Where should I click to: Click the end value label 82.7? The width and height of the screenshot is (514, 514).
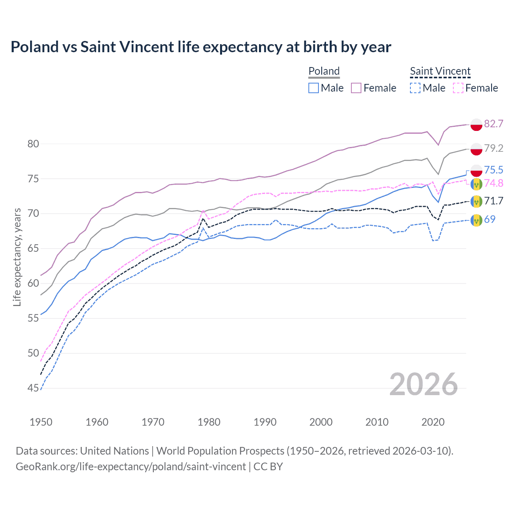[494, 124]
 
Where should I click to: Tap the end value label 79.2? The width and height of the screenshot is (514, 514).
[494, 148]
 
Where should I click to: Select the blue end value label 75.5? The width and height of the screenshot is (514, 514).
[494, 170]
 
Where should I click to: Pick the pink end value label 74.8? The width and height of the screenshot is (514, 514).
[494, 183]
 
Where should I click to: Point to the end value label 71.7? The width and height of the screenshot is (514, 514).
[494, 201]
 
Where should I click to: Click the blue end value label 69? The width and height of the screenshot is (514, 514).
[490, 219]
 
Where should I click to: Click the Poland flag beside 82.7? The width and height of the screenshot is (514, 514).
[476, 124]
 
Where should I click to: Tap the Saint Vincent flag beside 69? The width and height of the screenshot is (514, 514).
[476, 220]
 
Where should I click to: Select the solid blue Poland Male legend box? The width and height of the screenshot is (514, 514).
[314, 88]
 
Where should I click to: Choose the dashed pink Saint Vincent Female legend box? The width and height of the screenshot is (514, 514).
[458, 88]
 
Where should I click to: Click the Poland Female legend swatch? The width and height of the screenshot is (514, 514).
[356, 88]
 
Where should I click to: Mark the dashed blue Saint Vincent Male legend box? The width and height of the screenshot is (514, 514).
[415, 88]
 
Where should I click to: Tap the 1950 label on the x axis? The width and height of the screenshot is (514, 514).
[41, 422]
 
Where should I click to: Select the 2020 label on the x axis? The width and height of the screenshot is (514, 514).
[433, 422]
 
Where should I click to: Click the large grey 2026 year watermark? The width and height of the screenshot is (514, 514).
[424, 385]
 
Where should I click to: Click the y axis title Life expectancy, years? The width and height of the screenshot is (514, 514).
[17, 257]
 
